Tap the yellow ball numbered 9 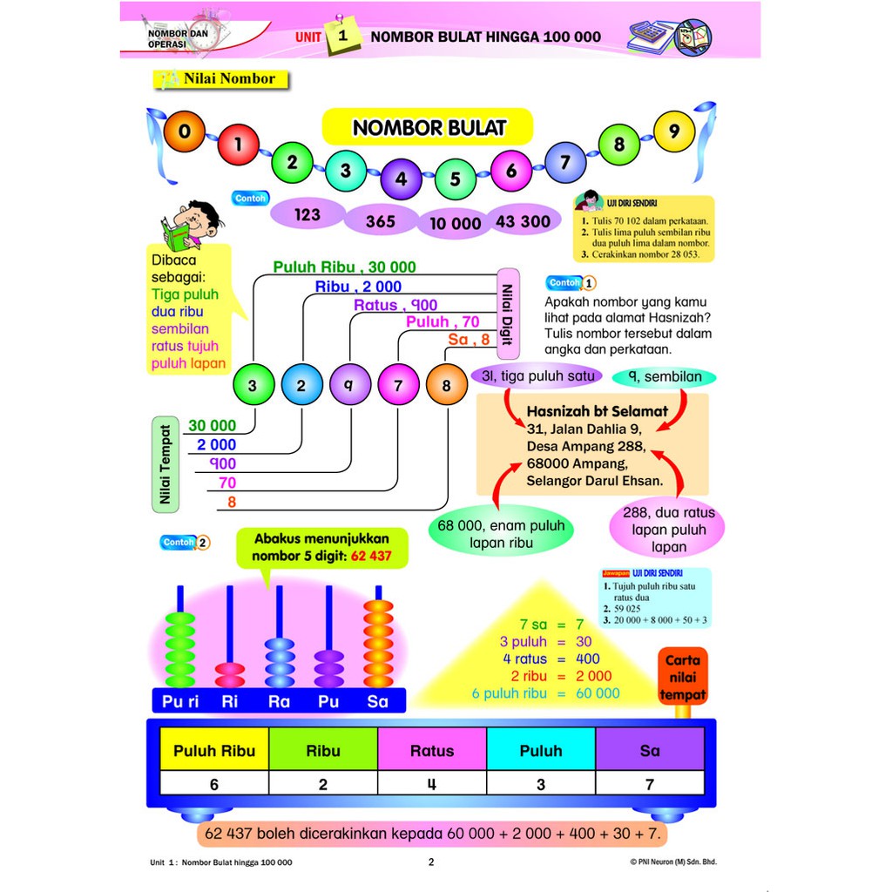point(673,132)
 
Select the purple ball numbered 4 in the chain point(401,179)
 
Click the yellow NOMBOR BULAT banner point(428,127)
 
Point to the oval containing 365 point(381,221)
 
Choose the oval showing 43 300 point(523,221)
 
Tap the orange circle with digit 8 point(447,385)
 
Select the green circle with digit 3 point(253,385)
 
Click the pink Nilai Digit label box point(508,314)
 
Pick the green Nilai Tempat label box point(165,463)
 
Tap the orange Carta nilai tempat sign point(683,676)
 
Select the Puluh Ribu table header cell point(214,750)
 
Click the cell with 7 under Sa point(649,784)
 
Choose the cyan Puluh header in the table point(541,750)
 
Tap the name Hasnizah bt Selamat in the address point(597,411)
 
